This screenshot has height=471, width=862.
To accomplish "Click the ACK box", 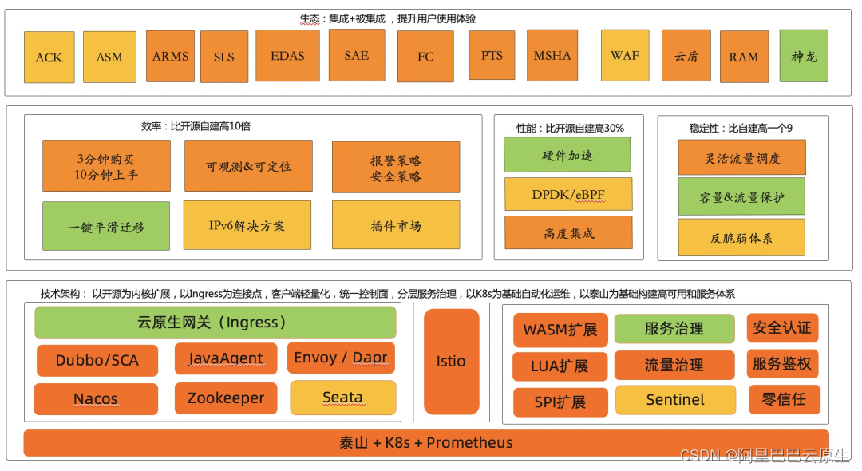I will click(49, 57).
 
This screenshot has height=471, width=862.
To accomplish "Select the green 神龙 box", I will click(804, 56).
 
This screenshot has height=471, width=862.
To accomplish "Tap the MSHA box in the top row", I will click(552, 56).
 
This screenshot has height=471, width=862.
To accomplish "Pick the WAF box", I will click(625, 55).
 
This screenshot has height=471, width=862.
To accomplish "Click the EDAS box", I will click(287, 56).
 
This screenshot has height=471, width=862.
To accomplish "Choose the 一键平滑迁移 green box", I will click(106, 227).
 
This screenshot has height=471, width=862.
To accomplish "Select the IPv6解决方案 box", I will click(247, 225).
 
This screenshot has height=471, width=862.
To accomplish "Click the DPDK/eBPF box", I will click(568, 194).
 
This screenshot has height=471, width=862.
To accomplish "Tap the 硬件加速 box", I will click(567, 155).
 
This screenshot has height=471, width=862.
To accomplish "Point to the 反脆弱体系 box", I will click(741, 237).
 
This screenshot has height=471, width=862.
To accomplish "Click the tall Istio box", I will click(451, 362).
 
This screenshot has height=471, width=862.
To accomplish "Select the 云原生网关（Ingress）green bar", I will click(215, 323).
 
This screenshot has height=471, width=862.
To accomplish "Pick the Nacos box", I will click(96, 399).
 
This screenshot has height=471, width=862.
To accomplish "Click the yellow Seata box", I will click(342, 398).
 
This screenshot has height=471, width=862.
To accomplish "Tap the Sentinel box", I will click(675, 399).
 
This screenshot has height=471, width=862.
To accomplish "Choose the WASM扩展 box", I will click(560, 330).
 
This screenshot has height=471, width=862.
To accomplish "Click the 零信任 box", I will click(784, 399).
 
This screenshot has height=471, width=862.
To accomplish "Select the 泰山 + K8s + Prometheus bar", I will click(426, 443).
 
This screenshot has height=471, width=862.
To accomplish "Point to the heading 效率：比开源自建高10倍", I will click(196, 126).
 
